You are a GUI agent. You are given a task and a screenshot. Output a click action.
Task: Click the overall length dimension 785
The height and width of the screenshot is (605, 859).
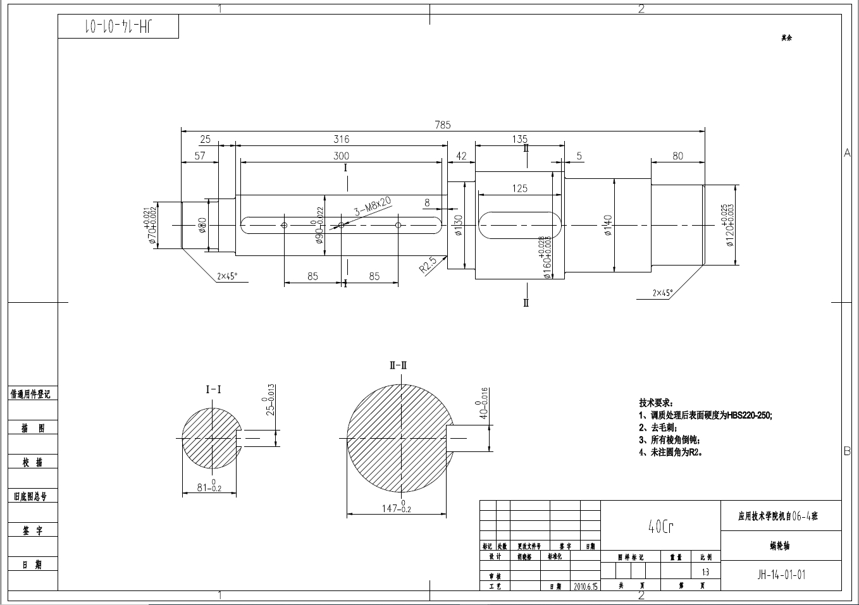442,125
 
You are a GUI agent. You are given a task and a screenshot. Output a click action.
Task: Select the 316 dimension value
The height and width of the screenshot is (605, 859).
341,139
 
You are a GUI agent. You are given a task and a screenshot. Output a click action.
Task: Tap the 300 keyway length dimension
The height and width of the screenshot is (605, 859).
341,156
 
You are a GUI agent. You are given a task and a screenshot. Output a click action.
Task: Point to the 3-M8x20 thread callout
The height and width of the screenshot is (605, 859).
373,206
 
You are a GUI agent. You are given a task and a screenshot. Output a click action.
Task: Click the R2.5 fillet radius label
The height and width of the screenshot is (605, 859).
428,265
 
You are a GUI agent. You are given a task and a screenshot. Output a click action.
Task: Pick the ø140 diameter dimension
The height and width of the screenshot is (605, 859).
608,225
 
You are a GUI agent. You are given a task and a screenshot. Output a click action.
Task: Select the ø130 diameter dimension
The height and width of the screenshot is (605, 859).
459,225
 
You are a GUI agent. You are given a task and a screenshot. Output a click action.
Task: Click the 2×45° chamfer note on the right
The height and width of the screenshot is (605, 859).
663,293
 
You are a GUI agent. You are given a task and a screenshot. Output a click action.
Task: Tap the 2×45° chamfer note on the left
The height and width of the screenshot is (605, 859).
227,276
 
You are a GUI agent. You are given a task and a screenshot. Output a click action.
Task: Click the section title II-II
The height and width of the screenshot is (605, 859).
399,365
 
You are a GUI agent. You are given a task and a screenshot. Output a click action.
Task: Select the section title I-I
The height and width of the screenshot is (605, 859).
214,389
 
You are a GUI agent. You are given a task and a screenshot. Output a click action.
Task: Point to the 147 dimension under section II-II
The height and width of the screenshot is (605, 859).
397,508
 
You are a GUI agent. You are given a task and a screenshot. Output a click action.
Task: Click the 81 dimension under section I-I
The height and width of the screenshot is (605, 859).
209,487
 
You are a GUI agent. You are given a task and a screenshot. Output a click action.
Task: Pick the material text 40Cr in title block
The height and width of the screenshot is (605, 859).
660,527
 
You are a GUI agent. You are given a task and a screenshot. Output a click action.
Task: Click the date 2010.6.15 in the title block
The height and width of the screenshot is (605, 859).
586,586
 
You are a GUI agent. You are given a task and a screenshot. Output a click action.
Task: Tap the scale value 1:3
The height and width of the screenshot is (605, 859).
705,572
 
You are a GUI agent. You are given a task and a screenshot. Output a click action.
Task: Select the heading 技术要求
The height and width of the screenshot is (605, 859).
656,403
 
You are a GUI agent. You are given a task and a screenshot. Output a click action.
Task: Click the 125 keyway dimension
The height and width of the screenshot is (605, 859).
519,188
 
